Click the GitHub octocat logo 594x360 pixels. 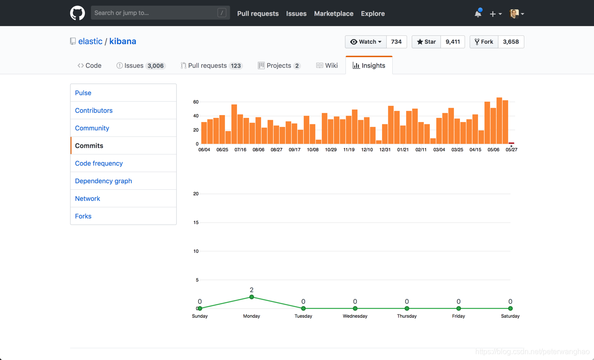[77, 13]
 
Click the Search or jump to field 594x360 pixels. [155, 13]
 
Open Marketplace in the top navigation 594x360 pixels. [333, 13]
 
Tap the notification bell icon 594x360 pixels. [478, 13]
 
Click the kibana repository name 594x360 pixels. [122, 41]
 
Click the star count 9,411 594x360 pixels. [453, 42]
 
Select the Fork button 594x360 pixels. [484, 42]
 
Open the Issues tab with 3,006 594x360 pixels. [140, 65]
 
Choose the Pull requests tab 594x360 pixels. [211, 65]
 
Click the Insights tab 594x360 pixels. [369, 65]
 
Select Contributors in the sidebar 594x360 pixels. [94, 110]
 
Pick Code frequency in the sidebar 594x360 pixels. [99, 163]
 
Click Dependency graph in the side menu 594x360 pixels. [103, 181]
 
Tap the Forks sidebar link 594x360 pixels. [83, 216]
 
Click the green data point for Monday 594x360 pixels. [252, 297]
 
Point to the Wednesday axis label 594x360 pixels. [355, 316]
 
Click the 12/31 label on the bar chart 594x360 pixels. [385, 150]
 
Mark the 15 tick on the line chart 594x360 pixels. [196, 223]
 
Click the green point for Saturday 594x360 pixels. [510, 309]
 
